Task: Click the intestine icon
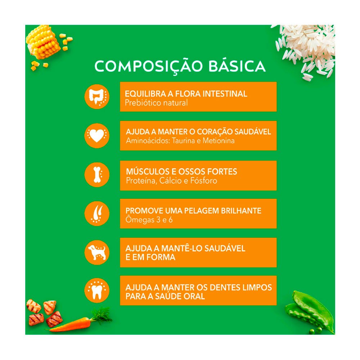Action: point(96,96)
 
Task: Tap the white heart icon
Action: point(96,135)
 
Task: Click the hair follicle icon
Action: point(96,213)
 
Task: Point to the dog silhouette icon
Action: point(96,252)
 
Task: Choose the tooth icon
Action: point(96,291)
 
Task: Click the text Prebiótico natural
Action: point(156,103)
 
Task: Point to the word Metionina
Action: point(219,140)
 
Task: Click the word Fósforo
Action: point(204,181)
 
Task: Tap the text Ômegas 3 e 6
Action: point(149,220)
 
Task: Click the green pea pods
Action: point(310,311)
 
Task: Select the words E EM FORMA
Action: point(150,257)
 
